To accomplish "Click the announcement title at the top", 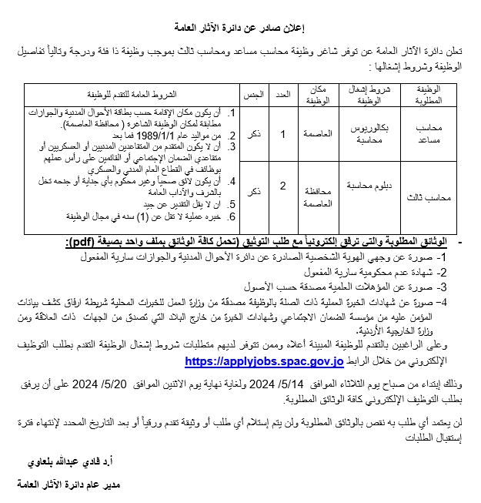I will [241, 29].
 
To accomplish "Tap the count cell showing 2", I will [282, 187].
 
